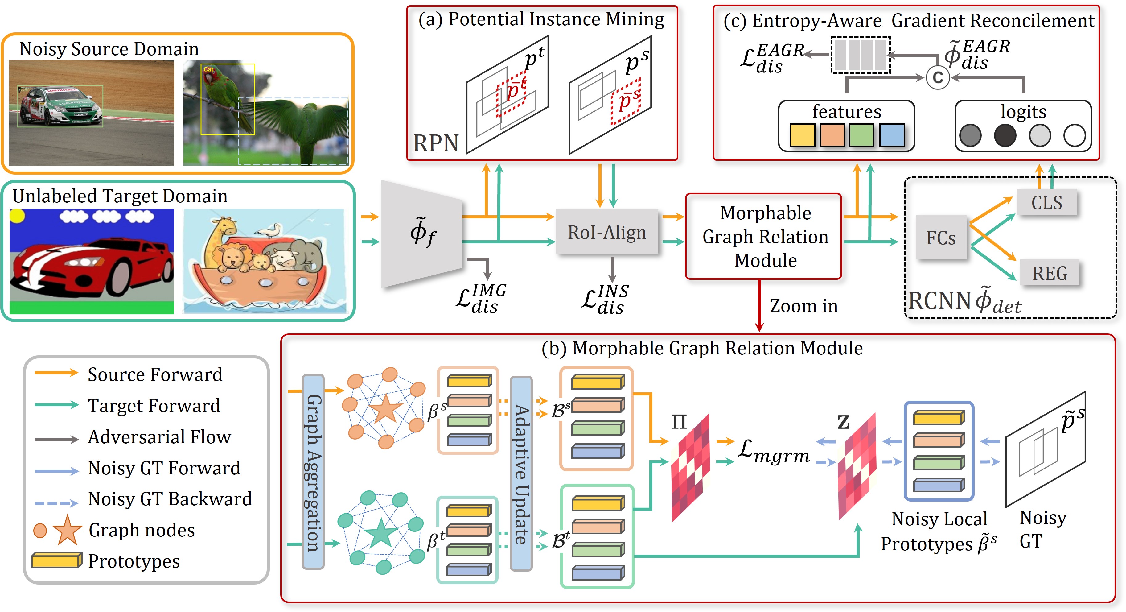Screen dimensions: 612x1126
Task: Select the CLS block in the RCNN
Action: pyautogui.click(x=1046, y=203)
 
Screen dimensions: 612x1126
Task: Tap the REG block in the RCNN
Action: pyautogui.click(x=1050, y=273)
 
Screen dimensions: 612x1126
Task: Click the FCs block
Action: pyautogui.click(x=941, y=238)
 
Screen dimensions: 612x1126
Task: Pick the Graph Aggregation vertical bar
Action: pyautogui.click(x=313, y=472)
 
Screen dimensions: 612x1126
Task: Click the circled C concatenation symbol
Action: pyautogui.click(x=938, y=78)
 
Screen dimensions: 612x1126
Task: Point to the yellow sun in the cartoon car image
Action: pyautogui.click(x=17, y=215)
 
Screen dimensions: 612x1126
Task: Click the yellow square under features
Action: pyautogui.click(x=803, y=135)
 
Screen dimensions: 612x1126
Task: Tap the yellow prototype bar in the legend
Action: pyautogui.click(x=56, y=560)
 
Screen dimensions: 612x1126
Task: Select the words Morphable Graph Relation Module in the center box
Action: pyautogui.click(x=765, y=236)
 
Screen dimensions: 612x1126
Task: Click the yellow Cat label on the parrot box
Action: pyautogui.click(x=208, y=69)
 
